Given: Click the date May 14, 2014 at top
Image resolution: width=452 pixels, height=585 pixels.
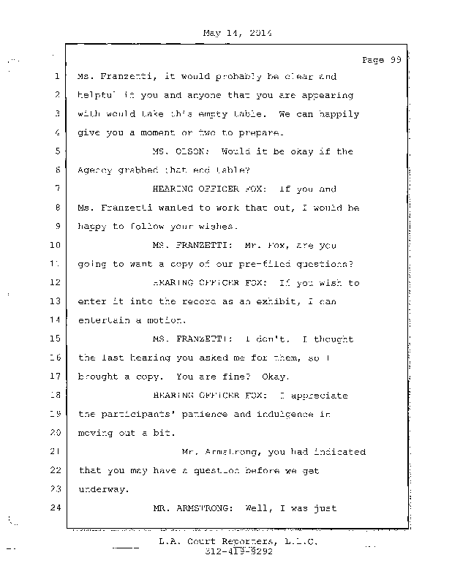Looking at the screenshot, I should tap(235, 32).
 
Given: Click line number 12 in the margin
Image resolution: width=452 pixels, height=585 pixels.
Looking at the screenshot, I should tap(54, 283).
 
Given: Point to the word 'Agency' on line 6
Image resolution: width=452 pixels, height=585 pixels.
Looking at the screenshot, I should tap(95, 170).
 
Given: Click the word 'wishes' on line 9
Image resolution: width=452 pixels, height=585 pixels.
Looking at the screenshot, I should tap(176, 227).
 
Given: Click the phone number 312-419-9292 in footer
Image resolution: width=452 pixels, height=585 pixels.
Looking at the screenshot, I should tap(239, 551).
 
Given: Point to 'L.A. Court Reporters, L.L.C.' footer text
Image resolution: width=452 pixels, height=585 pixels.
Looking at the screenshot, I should tap(239, 541).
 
